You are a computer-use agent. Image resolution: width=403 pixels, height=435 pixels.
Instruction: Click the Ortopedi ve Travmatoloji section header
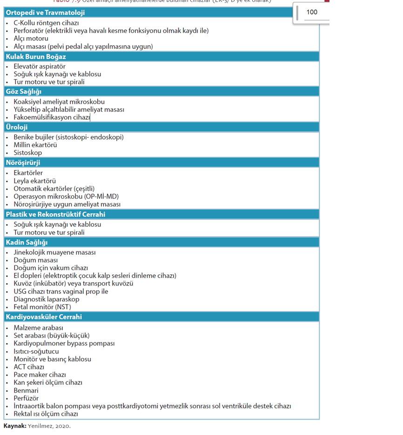point(45,13)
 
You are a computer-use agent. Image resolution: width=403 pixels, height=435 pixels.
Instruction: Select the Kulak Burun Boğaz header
point(36,57)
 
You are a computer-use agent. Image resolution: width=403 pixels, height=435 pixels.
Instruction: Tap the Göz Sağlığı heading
point(24,92)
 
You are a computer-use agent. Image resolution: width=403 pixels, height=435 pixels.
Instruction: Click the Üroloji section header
point(17,127)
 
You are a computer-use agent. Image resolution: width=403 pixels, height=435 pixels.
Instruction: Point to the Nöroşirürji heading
point(23,163)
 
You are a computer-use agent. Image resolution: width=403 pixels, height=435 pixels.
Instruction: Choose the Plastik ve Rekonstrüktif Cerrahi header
point(55,214)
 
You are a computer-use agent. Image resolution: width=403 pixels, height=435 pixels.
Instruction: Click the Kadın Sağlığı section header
point(27,242)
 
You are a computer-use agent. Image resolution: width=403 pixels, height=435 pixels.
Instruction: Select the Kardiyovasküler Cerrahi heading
point(44,317)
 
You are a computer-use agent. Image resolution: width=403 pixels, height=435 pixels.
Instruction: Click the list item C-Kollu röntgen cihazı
point(46,23)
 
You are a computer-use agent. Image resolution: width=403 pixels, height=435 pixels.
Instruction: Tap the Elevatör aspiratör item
point(40,66)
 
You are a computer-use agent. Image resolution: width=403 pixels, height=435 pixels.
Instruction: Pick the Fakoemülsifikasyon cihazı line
point(52,117)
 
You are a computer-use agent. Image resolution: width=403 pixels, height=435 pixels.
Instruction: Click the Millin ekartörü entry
point(35,145)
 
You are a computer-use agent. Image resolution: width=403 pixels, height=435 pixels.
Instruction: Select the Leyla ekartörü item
point(35,181)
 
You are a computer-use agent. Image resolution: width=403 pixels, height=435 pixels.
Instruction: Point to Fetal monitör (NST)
point(42,307)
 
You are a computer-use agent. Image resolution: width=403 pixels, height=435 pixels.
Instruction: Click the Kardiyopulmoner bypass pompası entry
point(64,343)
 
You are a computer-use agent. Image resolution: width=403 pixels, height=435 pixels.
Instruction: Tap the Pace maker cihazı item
point(40,374)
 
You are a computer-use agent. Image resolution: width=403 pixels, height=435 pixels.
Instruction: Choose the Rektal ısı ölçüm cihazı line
point(46,414)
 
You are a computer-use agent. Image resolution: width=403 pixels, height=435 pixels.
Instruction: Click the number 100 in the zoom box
point(312,12)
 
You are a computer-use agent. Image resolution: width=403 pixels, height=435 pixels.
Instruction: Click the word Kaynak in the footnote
point(14,426)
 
